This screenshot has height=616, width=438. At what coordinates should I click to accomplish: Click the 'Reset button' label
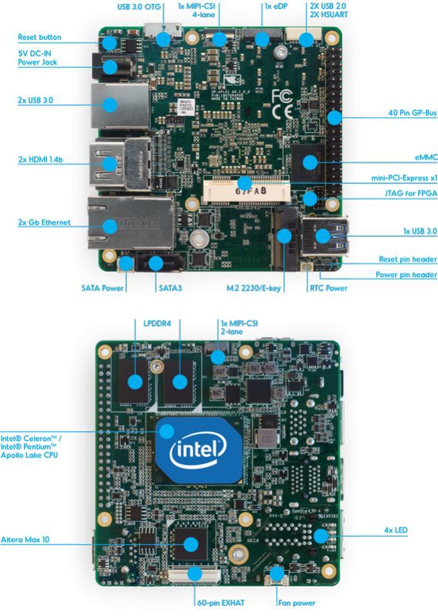point(39,37)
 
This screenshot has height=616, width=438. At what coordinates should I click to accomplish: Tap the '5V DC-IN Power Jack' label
point(37,58)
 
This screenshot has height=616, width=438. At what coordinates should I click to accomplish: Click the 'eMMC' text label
point(426,157)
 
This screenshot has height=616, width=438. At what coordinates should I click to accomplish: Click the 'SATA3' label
point(170,288)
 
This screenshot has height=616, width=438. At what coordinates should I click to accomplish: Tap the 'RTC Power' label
point(328,288)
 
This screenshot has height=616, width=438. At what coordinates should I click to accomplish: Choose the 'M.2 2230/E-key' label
point(254,288)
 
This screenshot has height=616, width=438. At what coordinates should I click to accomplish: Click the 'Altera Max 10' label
point(25,539)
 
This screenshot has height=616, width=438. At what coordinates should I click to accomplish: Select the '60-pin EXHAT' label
point(221,603)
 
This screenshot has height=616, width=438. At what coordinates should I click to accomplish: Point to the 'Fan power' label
point(296,603)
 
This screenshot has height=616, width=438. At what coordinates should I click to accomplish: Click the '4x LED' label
point(395,531)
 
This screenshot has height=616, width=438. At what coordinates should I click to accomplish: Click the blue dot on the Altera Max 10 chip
point(190,544)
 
